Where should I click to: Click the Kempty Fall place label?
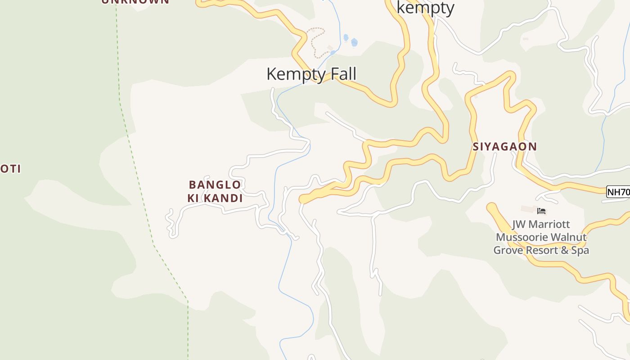311,74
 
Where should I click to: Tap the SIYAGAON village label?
505,146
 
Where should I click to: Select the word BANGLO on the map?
215,184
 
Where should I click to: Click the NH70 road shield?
618,192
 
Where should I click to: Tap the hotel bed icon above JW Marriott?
541,210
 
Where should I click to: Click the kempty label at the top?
425,8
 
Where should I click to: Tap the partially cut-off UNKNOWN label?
135,1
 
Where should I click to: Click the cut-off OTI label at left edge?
10,169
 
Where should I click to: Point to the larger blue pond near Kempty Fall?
354,42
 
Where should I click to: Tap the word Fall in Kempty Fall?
344,74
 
